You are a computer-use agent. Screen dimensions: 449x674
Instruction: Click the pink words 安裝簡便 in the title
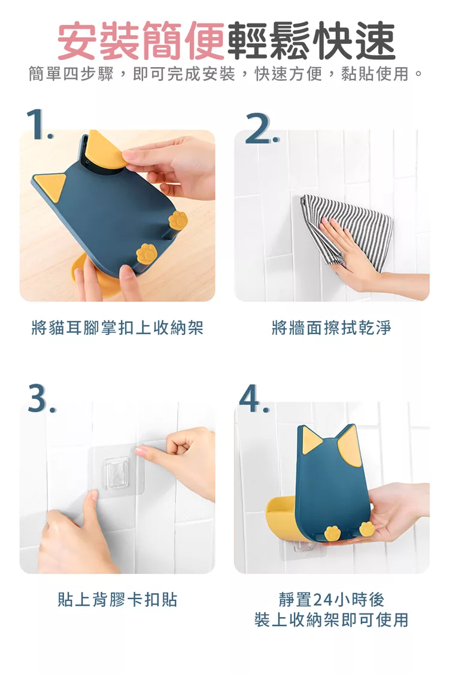point(141,41)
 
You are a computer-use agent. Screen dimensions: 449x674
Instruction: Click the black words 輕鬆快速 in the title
point(310,41)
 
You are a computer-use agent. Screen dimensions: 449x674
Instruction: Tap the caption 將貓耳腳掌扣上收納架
point(117,328)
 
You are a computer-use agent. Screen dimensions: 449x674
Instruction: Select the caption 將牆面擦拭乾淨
point(331,328)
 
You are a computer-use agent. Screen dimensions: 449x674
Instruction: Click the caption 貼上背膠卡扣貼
point(117,599)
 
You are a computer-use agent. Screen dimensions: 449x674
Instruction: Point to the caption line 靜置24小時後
point(331,599)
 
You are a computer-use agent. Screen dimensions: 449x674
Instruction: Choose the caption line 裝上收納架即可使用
point(331,620)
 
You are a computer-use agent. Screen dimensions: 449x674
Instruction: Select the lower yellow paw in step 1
point(147,253)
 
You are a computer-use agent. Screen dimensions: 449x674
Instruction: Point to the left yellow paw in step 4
point(333,533)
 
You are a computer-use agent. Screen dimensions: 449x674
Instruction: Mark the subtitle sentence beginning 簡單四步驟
point(226,74)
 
